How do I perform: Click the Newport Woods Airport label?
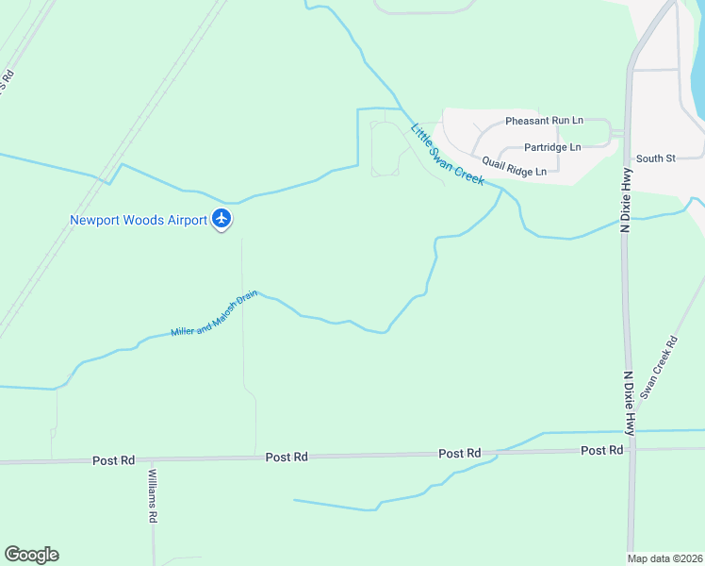tap(138, 221)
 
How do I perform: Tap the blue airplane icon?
tap(221, 220)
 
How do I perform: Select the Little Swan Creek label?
tap(447, 154)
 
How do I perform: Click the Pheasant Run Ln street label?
tap(544, 121)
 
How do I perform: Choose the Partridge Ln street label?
tap(552, 147)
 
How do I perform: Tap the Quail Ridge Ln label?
tap(514, 166)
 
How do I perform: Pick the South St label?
tap(656, 158)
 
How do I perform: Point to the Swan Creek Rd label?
tap(659, 367)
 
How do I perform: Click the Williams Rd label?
tap(151, 498)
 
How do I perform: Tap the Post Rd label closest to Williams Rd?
tap(113, 460)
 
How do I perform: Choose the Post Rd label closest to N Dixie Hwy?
tap(601, 451)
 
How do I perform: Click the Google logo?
tap(31, 555)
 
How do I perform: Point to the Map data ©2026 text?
tap(664, 558)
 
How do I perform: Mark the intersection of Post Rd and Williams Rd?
tap(152, 459)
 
